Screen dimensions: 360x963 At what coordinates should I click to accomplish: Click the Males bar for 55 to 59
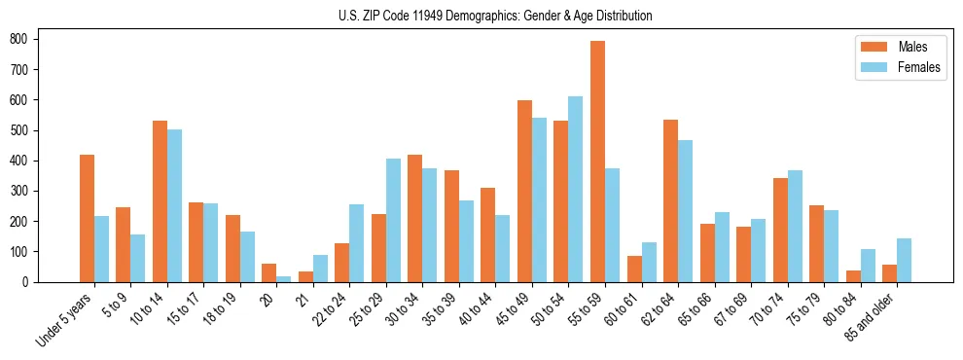click(597, 162)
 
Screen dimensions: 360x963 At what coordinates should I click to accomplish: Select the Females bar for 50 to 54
click(576, 189)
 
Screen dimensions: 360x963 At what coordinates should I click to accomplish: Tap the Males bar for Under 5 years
click(87, 218)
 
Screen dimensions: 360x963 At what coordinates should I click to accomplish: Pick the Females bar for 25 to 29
click(393, 220)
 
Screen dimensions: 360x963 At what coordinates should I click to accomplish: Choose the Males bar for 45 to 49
click(524, 191)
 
